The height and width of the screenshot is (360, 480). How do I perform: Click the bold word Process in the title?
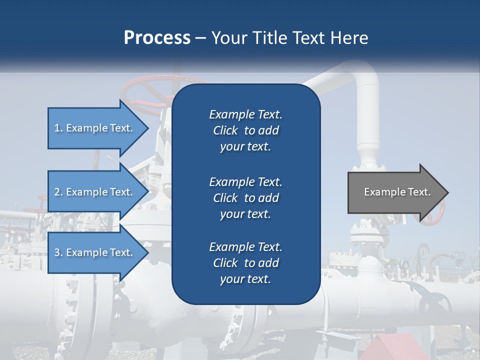pyautogui.click(x=157, y=38)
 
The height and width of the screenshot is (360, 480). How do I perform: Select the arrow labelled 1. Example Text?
pyautogui.click(x=95, y=128)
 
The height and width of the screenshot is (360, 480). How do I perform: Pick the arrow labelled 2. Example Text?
pyautogui.click(x=95, y=192)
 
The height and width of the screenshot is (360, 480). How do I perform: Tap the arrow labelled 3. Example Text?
pyautogui.click(x=95, y=252)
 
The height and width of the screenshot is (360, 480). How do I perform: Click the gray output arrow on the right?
pyautogui.click(x=395, y=192)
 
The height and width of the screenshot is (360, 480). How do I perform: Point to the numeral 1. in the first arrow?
pyautogui.click(x=58, y=128)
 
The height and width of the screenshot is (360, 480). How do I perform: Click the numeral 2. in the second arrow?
pyautogui.click(x=58, y=192)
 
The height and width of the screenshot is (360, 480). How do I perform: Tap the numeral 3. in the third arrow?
pyautogui.click(x=58, y=252)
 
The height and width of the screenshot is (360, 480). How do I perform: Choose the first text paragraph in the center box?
pyautogui.click(x=245, y=130)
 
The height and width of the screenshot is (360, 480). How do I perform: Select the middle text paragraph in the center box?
pyautogui.click(x=245, y=197)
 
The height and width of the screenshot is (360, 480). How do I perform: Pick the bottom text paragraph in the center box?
pyautogui.click(x=245, y=263)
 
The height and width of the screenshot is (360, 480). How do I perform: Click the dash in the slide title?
pyautogui.click(x=201, y=38)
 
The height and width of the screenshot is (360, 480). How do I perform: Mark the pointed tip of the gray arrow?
pyautogui.click(x=447, y=192)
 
